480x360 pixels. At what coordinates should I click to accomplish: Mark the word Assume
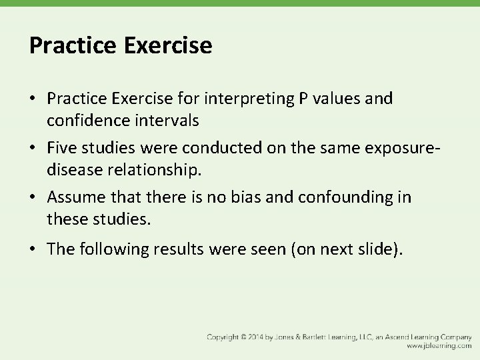75,198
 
